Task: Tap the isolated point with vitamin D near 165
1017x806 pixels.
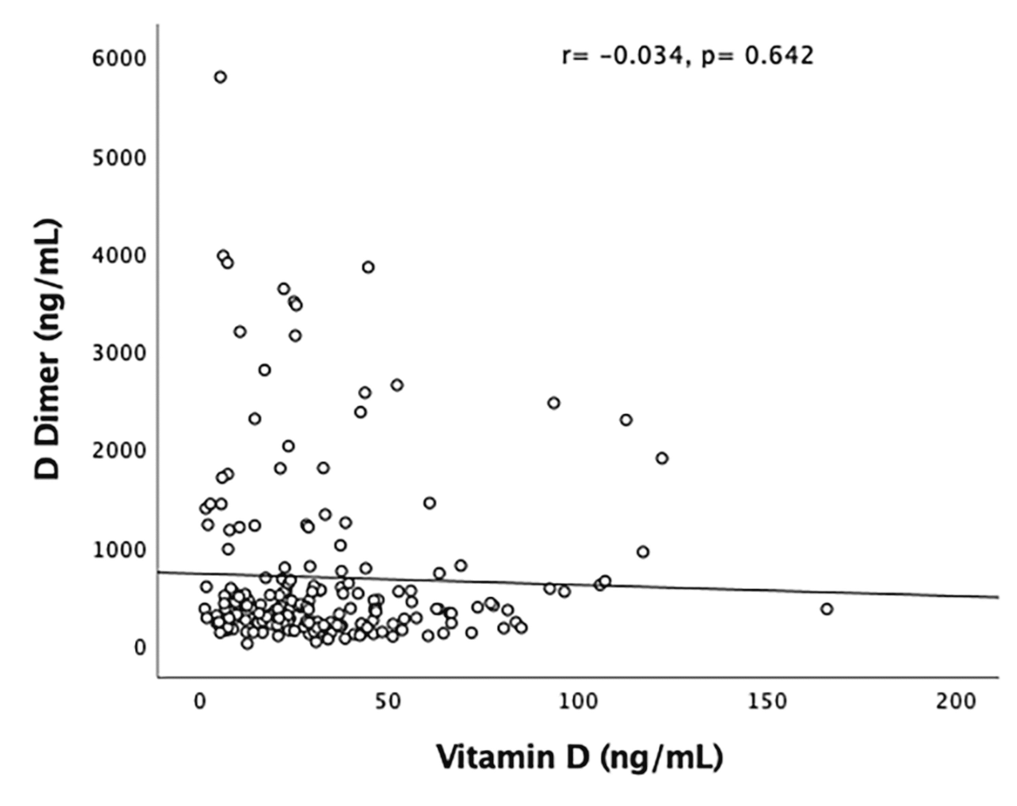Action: click(826, 609)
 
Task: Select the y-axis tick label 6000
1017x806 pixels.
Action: click(119, 59)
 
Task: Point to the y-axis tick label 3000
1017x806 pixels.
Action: click(119, 353)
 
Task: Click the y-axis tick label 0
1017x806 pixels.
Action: click(140, 648)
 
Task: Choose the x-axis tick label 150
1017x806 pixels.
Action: click(767, 702)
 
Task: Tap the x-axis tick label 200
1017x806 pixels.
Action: click(956, 702)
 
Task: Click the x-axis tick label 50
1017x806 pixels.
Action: click(388, 702)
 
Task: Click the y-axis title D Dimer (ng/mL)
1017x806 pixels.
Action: click(48, 349)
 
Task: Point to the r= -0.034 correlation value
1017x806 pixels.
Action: click(623, 57)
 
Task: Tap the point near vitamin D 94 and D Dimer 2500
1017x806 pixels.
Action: click(554, 403)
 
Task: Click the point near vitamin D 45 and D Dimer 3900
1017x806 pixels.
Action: click(368, 267)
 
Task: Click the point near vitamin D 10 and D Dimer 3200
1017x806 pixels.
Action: click(240, 332)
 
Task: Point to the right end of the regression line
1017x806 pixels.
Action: click(997, 597)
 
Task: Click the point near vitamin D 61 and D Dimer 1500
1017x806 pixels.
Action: click(429, 503)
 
